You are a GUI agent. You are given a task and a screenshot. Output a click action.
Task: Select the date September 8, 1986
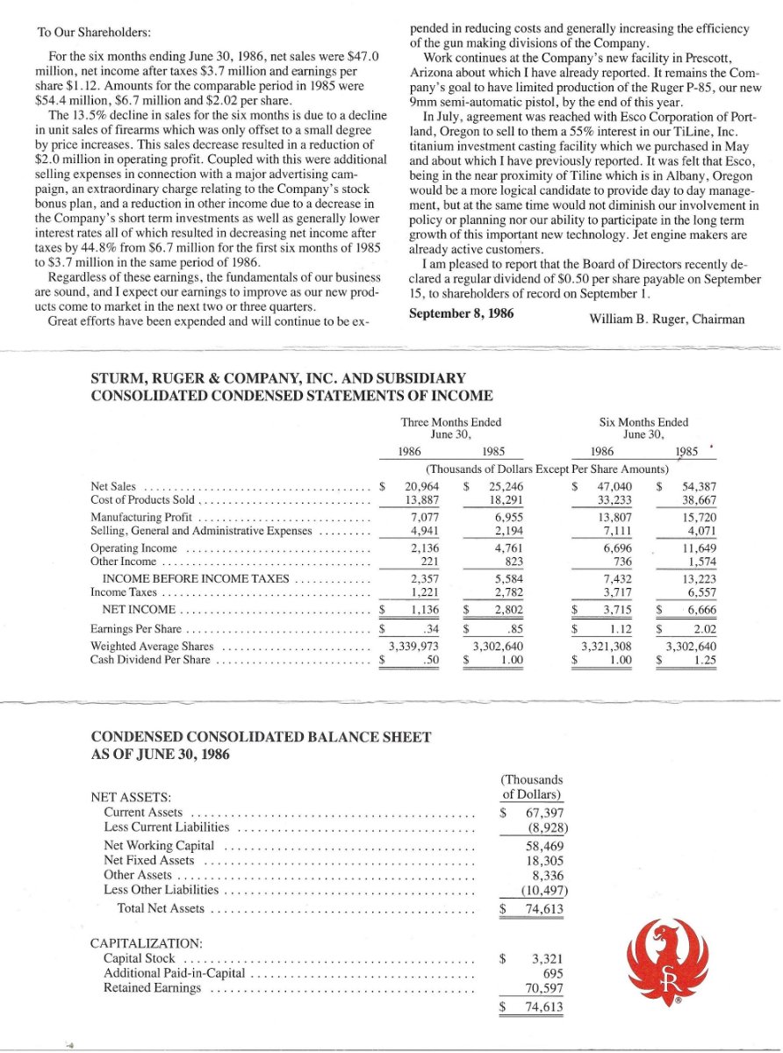[462, 312]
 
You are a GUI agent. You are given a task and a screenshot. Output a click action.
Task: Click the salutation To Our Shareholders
[94, 32]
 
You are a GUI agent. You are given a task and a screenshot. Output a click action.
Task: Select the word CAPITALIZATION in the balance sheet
[147, 942]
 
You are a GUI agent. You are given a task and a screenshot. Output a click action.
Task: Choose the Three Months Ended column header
[451, 422]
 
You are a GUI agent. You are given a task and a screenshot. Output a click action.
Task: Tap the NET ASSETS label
[130, 798]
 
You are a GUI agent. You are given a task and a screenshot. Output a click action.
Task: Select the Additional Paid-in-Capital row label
[176, 973]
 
